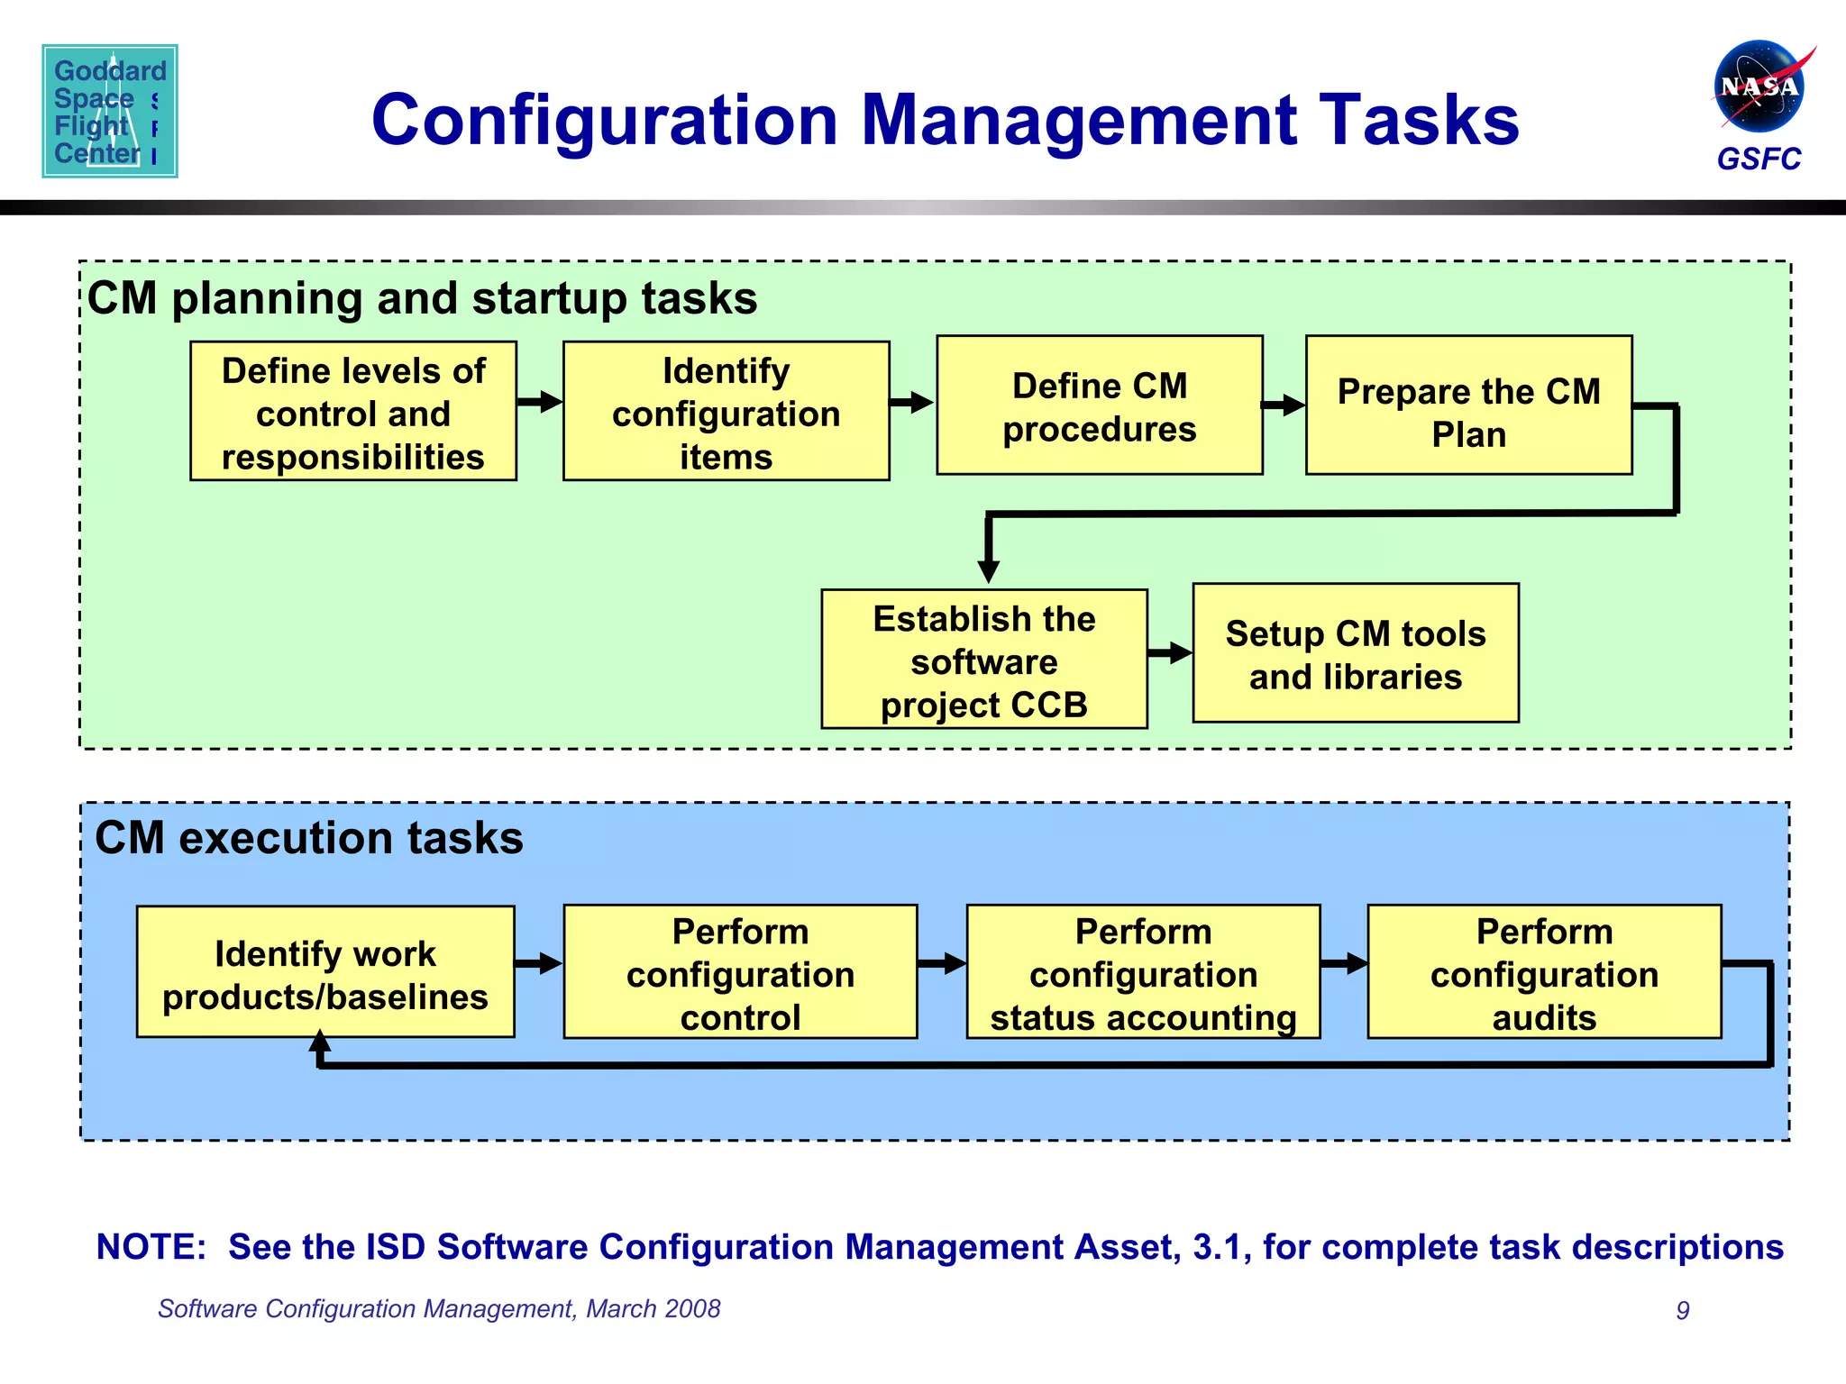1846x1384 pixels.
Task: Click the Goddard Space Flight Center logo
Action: tap(109, 111)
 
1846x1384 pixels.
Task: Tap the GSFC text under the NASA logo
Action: tap(1758, 159)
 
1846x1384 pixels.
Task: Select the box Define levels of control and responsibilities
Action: tap(352, 412)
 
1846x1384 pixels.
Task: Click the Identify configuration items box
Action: tap(726, 412)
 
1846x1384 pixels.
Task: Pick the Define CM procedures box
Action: tap(1099, 406)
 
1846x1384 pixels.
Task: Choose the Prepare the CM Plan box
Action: tap(1468, 406)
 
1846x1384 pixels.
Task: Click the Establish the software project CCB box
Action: tap(983, 660)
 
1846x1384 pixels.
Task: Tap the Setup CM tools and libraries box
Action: tap(1355, 654)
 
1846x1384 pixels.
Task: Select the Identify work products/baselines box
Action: tap(325, 972)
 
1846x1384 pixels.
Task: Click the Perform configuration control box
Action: tap(740, 972)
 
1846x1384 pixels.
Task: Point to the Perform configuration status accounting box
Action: tap(1143, 972)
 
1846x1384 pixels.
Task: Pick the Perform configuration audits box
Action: tap(1544, 972)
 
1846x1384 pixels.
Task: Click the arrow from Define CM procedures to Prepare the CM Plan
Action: tap(1284, 405)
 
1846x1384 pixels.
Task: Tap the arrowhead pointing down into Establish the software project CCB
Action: tap(989, 571)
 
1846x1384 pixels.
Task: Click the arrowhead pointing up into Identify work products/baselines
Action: tap(320, 1043)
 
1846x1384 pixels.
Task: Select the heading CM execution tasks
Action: tap(308, 838)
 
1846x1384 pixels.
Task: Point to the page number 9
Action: tap(1682, 1310)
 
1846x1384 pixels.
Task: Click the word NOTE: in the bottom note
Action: tap(151, 1247)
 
